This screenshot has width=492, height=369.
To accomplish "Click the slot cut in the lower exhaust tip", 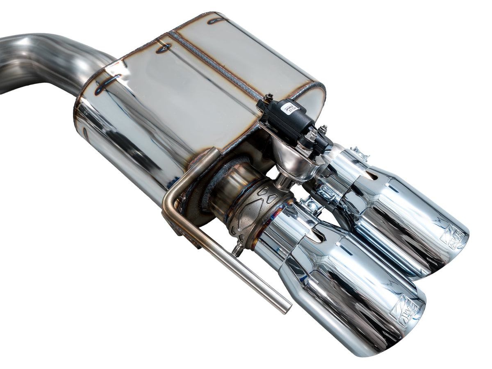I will point(317,235).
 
